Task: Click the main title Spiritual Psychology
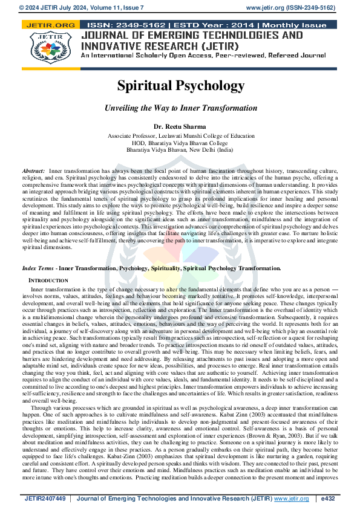tap(180, 85)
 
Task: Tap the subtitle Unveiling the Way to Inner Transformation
tap(180, 108)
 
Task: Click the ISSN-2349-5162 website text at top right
tap(292, 7)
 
